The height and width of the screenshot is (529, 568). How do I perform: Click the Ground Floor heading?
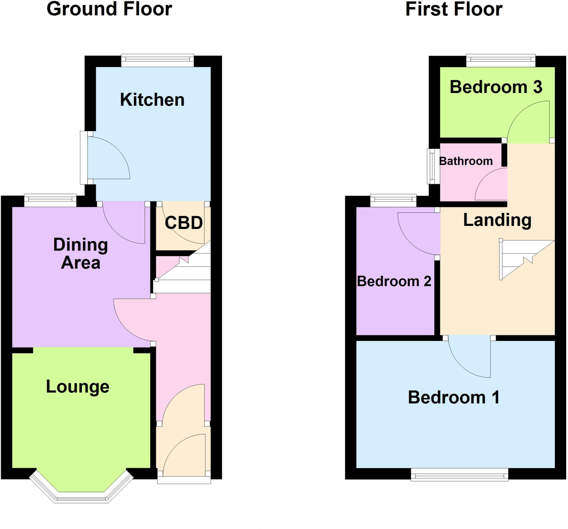click(x=109, y=9)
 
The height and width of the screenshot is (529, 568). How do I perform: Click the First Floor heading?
click(x=454, y=9)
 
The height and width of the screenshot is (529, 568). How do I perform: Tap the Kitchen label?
click(x=152, y=100)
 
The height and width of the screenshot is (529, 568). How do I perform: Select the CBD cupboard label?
click(x=183, y=223)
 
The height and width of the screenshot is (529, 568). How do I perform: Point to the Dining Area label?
click(x=81, y=254)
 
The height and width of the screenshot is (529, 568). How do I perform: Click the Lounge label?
click(x=78, y=387)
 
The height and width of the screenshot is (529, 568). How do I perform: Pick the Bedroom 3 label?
click(x=496, y=87)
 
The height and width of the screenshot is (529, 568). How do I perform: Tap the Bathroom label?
click(x=466, y=161)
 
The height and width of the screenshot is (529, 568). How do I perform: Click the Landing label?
click(x=497, y=220)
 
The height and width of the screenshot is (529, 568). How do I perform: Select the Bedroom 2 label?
click(x=394, y=281)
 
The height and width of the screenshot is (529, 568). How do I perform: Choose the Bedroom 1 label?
click(x=454, y=397)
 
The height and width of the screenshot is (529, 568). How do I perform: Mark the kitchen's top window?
click(x=158, y=60)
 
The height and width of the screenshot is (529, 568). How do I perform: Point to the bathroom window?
click(x=433, y=166)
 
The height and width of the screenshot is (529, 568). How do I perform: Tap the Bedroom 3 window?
click(x=501, y=60)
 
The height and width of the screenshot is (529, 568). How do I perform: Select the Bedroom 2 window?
click(x=393, y=200)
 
